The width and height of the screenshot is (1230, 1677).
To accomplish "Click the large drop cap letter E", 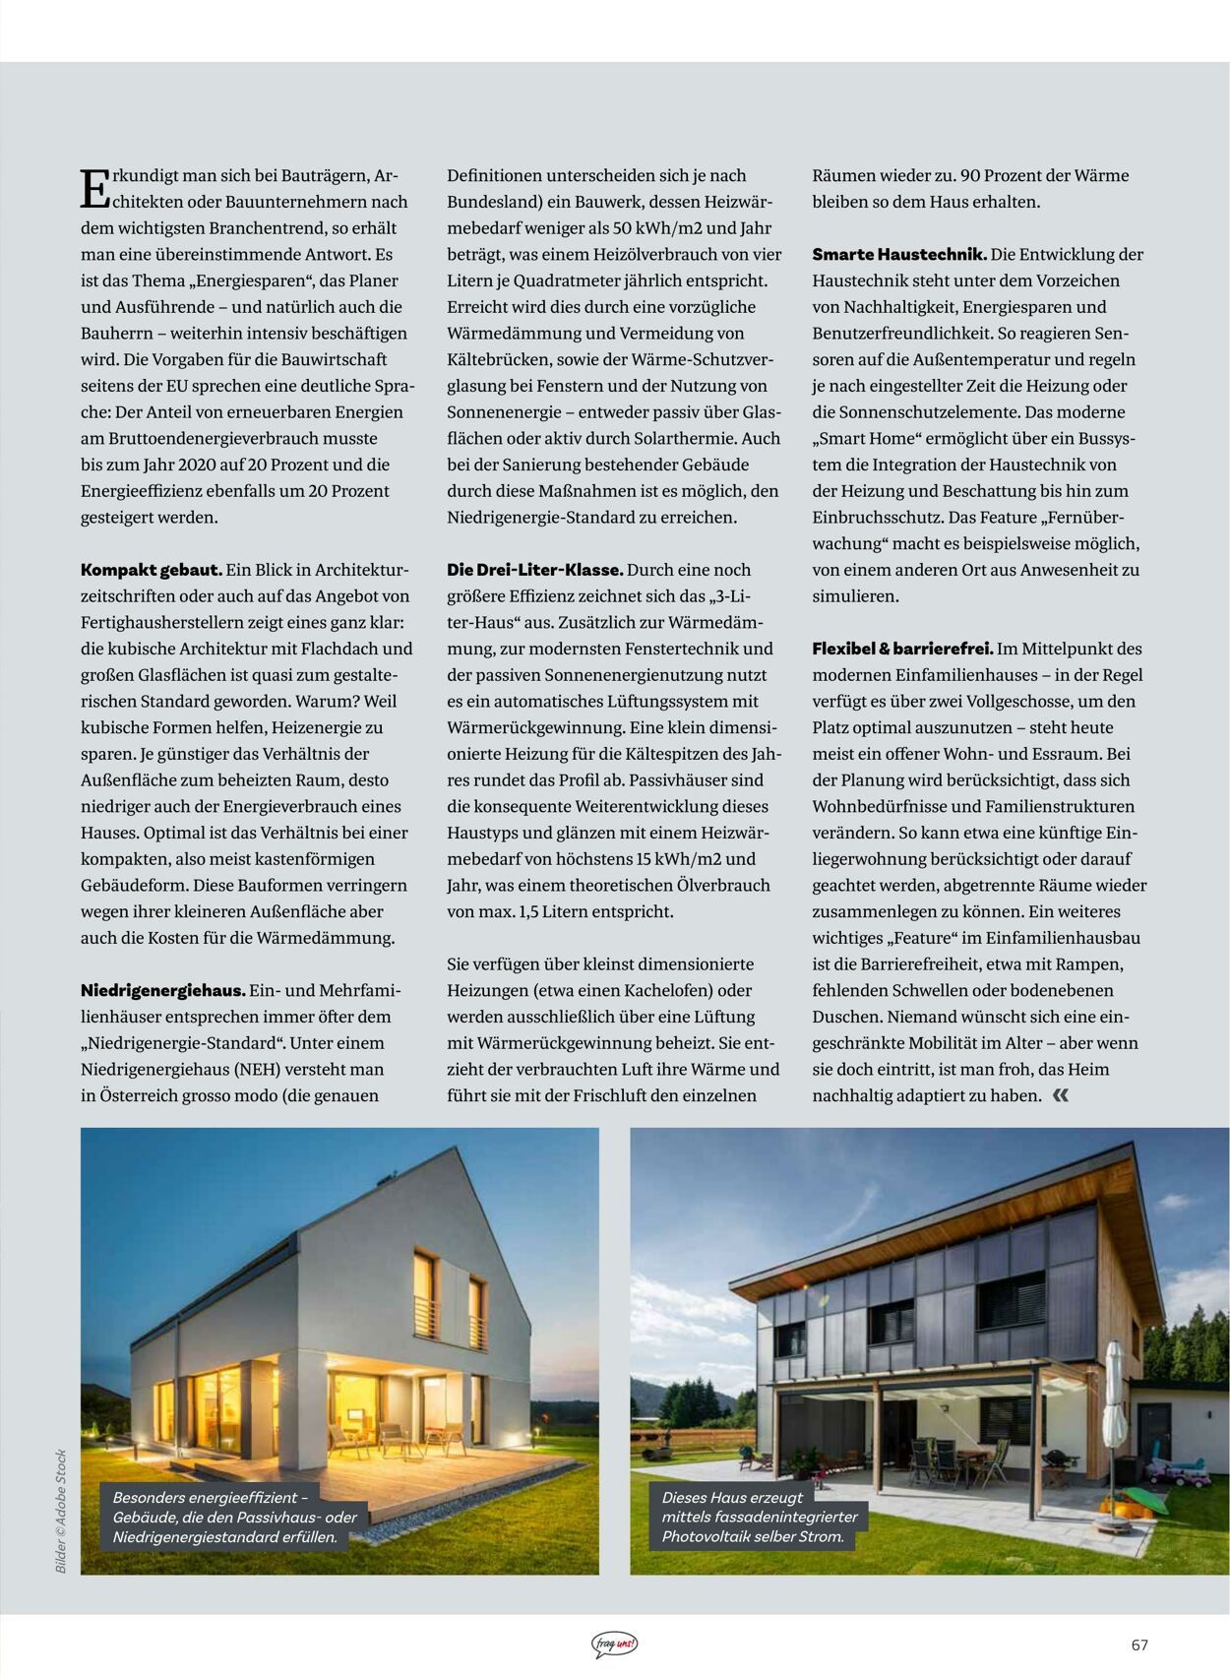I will (94, 188).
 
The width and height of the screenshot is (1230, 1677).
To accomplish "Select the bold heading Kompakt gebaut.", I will (151, 570).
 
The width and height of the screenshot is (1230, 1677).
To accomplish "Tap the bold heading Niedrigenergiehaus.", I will (162, 990).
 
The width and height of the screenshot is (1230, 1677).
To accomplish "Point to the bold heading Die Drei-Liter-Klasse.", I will (534, 570).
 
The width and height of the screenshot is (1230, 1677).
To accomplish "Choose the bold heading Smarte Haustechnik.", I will (898, 254).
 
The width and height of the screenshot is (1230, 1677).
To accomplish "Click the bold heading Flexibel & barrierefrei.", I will (901, 649).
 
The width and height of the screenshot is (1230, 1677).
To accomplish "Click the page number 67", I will (1139, 1645).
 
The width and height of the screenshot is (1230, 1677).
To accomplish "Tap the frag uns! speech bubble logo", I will (614, 1645).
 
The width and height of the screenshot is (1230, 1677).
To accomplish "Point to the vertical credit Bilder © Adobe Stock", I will (61, 1511).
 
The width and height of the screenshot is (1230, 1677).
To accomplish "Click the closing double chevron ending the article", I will (1060, 1095).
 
